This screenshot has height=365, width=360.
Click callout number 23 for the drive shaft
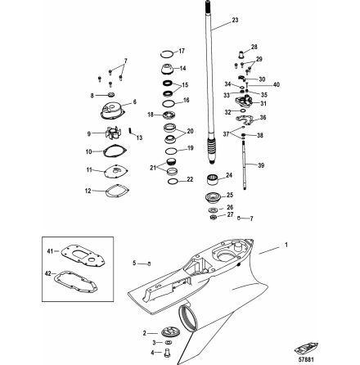tap(213, 19)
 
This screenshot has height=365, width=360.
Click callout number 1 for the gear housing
tap(286, 244)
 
